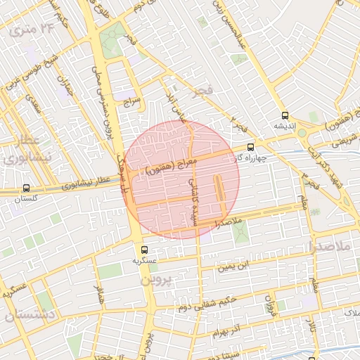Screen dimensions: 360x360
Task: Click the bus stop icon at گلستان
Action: [27, 188]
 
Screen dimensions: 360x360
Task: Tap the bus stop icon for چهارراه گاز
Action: [251, 148]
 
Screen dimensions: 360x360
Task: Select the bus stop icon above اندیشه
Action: [284, 115]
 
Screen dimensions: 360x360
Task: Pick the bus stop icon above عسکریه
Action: [144, 249]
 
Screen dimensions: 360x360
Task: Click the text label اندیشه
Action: [284, 126]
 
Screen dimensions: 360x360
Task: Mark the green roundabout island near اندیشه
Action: [302, 132]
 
